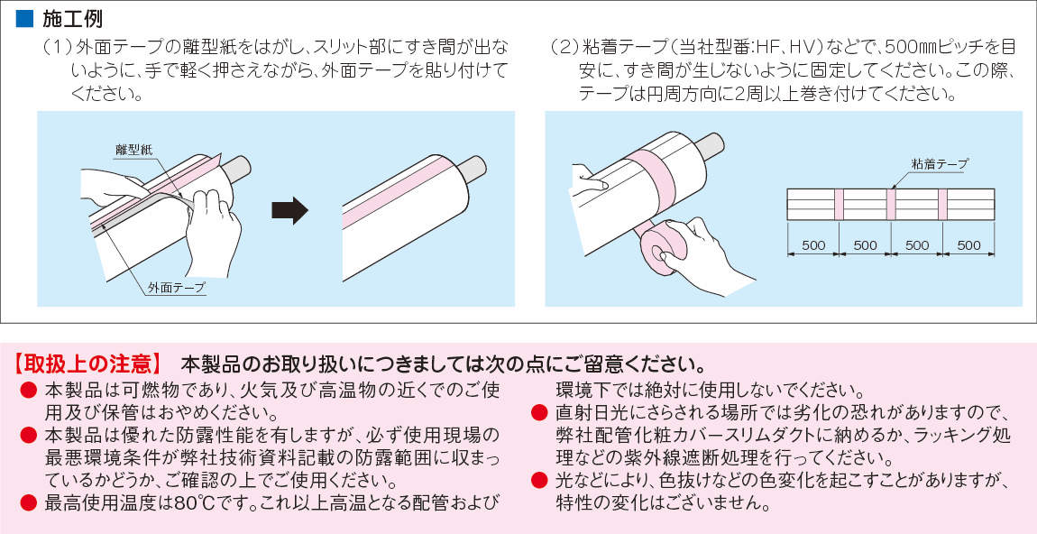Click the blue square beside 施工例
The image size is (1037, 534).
coord(23,19)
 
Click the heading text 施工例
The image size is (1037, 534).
coord(72,19)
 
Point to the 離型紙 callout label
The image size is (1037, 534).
coord(133,151)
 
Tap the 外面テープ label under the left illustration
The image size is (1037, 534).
coord(177,287)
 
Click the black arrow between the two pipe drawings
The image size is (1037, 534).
coord(289,210)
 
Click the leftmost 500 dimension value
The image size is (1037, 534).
coord(812,245)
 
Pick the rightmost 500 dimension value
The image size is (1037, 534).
coord(968,245)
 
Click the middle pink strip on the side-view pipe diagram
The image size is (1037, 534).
coord(891,205)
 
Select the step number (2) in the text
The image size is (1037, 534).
coord(564,48)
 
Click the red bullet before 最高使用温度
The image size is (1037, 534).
coord(29,504)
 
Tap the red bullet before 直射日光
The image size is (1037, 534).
coord(540,413)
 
